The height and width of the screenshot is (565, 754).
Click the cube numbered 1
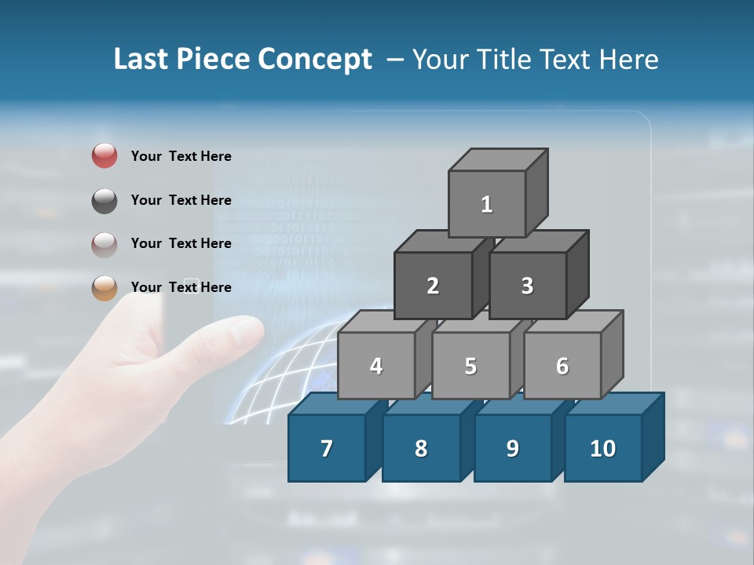487,204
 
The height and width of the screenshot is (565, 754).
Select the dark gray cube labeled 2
433,286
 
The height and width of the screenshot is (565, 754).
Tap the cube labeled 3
527,286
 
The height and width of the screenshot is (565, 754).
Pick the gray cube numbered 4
376,366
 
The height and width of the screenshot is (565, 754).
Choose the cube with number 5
470,366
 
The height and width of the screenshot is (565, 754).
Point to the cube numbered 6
562,366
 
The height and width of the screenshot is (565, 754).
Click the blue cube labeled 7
327,448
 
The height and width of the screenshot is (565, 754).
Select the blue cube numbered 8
421,448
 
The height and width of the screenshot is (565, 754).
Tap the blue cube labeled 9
512,448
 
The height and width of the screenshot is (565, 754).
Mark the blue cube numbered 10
602,448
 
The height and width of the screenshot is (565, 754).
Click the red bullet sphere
104,156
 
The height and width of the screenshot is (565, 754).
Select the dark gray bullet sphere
104,200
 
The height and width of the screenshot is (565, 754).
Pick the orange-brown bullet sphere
104,287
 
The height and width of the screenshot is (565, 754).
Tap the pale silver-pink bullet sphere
104,244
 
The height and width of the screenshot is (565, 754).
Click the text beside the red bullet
181,156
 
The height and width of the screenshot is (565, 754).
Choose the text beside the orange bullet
181,287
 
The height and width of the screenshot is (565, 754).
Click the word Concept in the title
315,60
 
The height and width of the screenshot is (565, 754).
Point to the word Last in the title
141,60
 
